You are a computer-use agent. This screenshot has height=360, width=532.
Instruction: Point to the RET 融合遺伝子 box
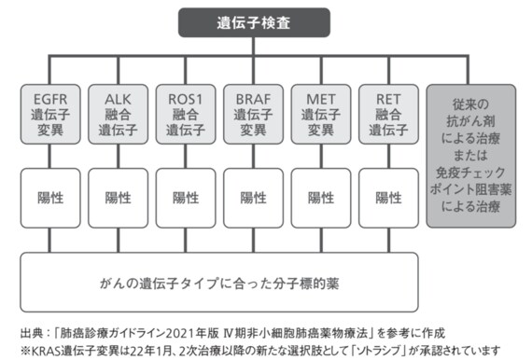coord(383,115)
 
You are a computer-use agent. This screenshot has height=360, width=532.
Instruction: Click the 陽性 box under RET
coord(383,197)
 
